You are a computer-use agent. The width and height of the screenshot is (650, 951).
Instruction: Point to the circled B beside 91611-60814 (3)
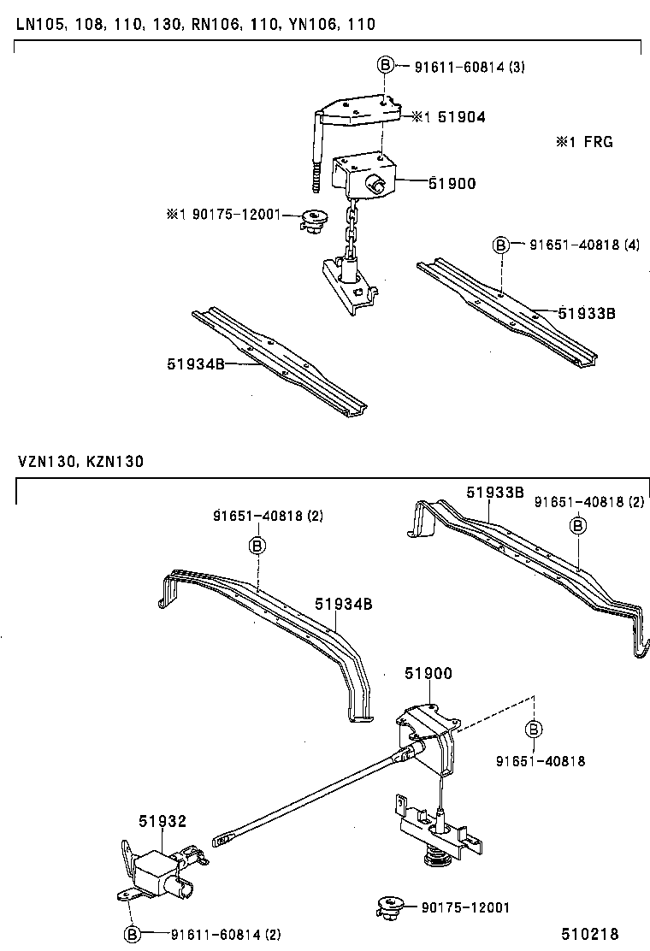(x=385, y=65)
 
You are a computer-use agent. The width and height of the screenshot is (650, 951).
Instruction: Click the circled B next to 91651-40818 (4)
(x=500, y=245)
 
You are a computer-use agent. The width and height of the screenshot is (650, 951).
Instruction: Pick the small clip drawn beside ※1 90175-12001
(x=315, y=221)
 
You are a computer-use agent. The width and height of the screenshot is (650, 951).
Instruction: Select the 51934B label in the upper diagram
(x=195, y=363)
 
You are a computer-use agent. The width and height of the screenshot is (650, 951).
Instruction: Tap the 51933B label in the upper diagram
(x=587, y=313)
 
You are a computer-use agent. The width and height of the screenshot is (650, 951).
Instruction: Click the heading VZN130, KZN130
(x=80, y=462)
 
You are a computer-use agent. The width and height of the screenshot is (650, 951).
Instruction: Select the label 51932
(x=162, y=821)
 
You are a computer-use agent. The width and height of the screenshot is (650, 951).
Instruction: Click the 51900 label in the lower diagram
(x=428, y=674)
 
